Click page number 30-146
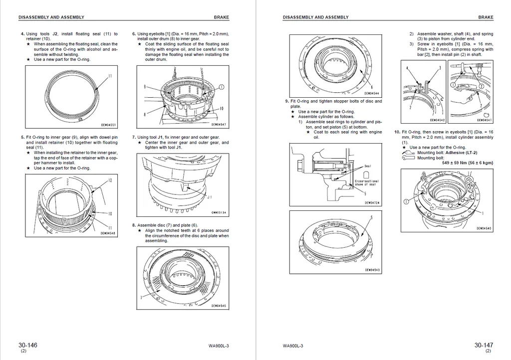(28, 345)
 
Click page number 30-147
(484, 345)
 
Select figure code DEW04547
(219, 125)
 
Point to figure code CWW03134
(219, 213)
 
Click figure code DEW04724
(372, 203)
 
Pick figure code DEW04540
(484, 228)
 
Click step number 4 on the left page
(22, 34)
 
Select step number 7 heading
(133, 137)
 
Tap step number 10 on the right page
(397, 132)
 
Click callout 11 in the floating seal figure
(110, 76)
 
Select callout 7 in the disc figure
(142, 297)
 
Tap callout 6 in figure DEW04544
(371, 86)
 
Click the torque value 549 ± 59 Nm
(468, 163)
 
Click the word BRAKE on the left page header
(221, 17)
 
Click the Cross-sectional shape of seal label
(367, 183)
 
